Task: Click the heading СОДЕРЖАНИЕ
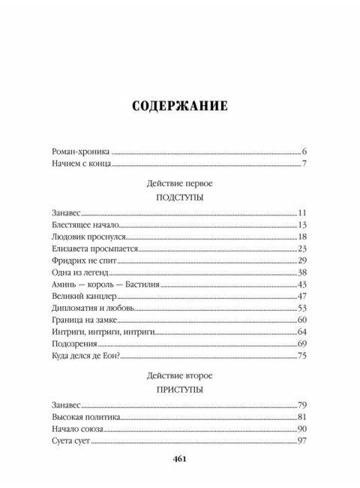[179, 105]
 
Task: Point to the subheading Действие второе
[179, 376]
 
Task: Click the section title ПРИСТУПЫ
[179, 390]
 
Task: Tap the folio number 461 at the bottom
[179, 460]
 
